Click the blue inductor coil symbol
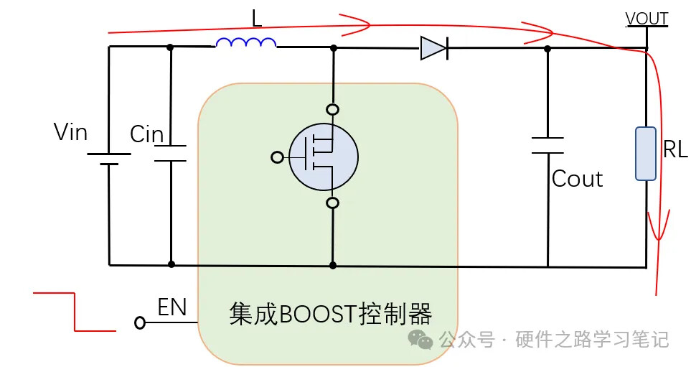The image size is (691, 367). coord(246,44)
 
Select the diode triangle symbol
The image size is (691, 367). coord(433,48)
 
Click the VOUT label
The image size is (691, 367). coord(647,19)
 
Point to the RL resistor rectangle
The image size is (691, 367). coord(646,153)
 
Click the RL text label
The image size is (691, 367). coord(675,149)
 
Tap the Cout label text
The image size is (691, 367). coord(577,179)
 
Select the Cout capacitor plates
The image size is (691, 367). coord(547,145)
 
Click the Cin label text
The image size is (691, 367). coord(146,134)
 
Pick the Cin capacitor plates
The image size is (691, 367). coord(171,153)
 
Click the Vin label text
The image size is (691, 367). coord(71,132)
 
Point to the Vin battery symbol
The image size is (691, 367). coord(109,159)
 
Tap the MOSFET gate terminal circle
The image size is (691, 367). coord(278,157)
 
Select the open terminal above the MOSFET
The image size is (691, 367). coord(332,110)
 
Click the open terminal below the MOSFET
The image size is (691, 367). coord(332,203)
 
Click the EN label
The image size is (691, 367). coord(172,308)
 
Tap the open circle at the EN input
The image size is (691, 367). coord(140,324)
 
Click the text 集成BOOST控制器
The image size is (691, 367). coord(331,314)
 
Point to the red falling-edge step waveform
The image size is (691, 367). coord(75,312)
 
